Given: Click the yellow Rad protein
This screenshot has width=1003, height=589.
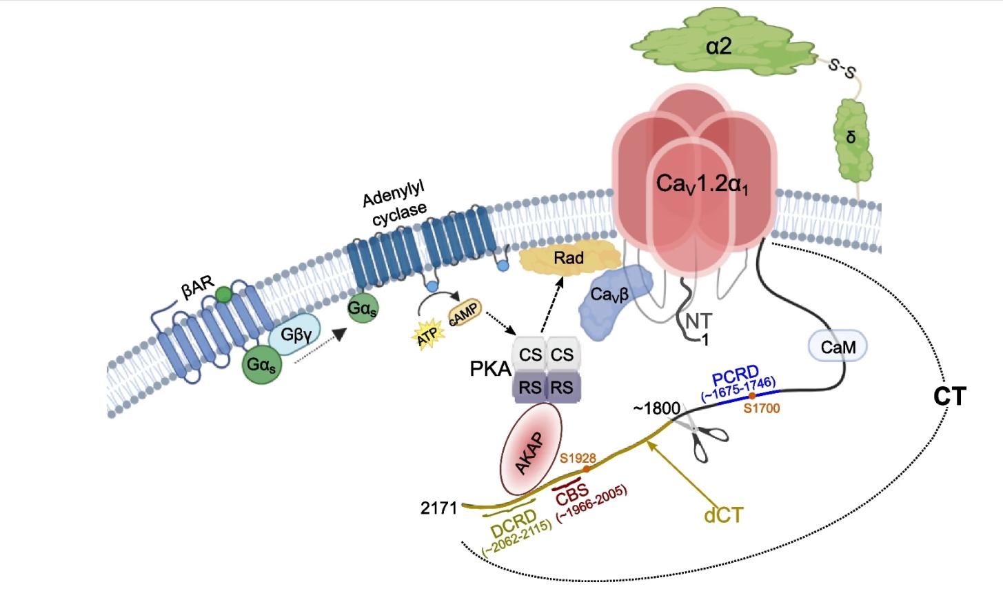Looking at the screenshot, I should [x=569, y=258].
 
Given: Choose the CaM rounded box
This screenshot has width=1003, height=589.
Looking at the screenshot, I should [x=839, y=347].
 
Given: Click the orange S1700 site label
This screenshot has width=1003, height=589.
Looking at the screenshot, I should [x=762, y=408].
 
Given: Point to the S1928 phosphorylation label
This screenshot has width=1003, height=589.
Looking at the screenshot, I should [x=578, y=458].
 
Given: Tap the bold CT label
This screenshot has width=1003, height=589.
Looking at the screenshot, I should [x=950, y=396].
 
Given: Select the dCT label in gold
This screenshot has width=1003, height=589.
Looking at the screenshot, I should [x=723, y=515].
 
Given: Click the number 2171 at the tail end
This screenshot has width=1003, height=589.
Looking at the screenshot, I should [x=439, y=508].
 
